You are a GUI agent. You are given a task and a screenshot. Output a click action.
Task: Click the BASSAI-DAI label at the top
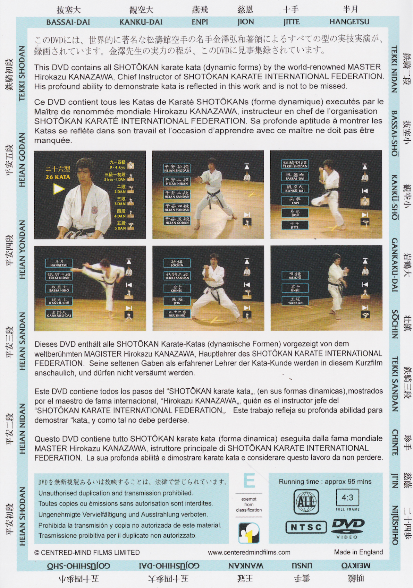(68, 22)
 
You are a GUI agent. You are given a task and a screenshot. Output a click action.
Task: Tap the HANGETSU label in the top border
(349, 22)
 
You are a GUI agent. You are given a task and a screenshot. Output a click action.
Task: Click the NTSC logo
(306, 527)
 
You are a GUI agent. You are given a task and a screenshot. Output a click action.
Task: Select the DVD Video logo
(347, 527)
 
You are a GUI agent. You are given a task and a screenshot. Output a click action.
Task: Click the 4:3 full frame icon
(347, 499)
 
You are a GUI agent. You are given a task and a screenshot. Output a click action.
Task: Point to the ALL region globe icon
(306, 502)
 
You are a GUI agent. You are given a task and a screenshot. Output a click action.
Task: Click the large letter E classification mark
(249, 481)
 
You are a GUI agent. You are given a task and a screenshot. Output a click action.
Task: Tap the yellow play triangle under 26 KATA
(58, 189)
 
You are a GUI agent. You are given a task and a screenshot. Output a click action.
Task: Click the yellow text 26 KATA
(58, 177)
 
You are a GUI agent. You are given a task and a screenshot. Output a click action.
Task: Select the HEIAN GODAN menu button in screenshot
(177, 221)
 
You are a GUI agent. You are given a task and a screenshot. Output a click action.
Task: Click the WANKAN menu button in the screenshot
(295, 301)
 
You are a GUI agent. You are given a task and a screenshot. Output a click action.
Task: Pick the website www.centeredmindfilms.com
(249, 552)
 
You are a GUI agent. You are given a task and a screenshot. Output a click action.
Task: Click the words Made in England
(358, 552)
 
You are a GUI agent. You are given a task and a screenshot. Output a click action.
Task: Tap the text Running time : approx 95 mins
(325, 482)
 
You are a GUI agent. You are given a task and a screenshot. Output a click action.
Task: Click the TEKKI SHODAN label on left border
(22, 73)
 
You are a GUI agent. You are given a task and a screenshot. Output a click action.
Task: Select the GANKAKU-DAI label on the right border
(395, 265)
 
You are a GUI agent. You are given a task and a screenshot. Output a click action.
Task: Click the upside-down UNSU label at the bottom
(302, 566)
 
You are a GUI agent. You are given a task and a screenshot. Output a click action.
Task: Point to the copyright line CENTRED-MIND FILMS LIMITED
(87, 552)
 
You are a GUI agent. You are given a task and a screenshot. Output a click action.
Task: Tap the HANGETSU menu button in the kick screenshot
(59, 263)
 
